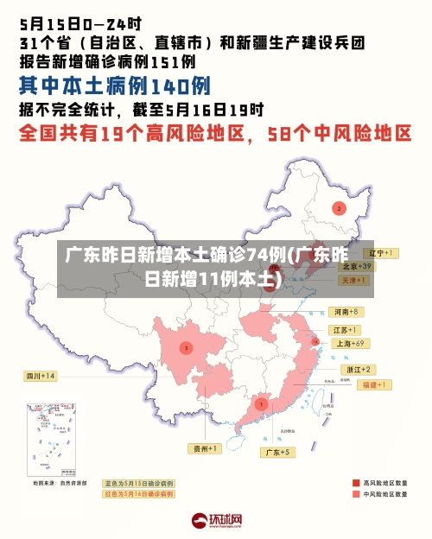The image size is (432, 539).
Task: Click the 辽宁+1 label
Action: tap(378, 253)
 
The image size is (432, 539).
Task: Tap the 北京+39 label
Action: tap(355, 267)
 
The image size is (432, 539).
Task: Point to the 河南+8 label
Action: tap(345, 311)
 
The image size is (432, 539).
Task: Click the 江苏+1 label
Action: tap(346, 330)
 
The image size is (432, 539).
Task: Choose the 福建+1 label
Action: tap(377, 384)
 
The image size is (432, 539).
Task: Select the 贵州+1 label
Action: tap(206, 448)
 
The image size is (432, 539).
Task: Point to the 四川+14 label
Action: tap(40, 376)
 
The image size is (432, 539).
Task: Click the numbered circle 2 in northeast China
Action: tap(339, 208)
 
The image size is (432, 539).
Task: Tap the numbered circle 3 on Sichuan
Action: tap(185, 347)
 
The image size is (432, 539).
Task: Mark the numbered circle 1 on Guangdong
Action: tap(261, 403)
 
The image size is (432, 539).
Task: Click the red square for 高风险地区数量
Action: tap(356, 483)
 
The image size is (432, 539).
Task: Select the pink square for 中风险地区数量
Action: tap(356, 495)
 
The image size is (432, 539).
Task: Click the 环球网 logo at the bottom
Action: tap(216, 521)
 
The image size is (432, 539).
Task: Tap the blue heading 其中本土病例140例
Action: tap(115, 86)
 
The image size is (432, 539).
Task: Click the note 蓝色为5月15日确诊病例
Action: tap(138, 483)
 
